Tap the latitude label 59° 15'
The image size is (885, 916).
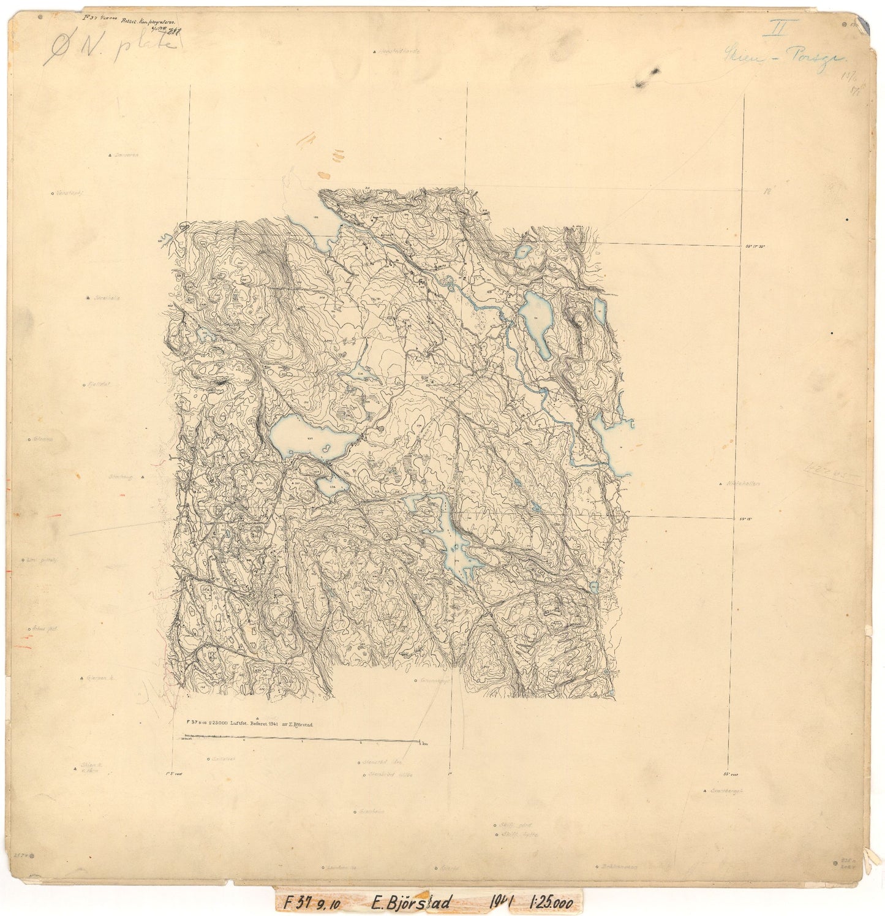coord(745,520)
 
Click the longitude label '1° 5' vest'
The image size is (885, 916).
coord(175,774)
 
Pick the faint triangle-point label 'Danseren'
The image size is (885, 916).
coord(126,156)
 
